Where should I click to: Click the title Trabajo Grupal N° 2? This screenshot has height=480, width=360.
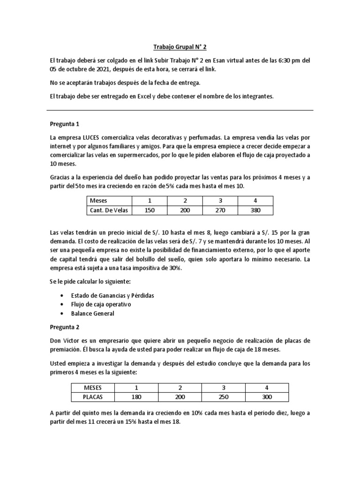pos(180,47)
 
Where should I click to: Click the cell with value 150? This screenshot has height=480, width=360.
pos(149,210)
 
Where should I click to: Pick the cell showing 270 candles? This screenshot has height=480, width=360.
pos(220,210)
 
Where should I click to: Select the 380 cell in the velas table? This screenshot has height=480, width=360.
pos(255,210)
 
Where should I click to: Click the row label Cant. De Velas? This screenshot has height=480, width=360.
pos(109,210)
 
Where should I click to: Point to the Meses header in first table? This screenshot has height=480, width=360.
pos(98,201)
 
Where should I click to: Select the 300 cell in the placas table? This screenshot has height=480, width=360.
pos(266,397)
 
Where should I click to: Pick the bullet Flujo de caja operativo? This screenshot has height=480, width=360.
pos(100,304)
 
